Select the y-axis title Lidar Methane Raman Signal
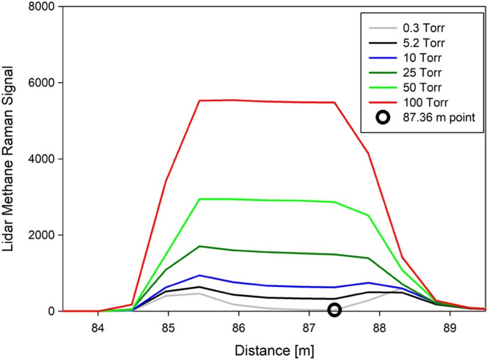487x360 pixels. (11, 160)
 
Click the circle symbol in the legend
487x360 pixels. (384, 124)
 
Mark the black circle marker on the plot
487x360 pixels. (334, 310)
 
